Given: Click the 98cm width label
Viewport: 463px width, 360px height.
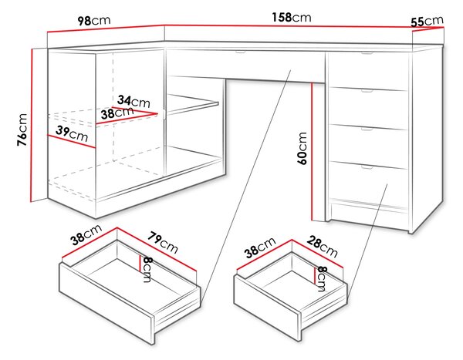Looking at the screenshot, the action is coord(94,21).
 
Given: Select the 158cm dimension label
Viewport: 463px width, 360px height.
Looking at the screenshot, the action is coord(292,18).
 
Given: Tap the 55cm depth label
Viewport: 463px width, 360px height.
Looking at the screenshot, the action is coord(428,21).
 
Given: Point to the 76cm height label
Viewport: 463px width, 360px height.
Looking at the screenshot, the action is coord(22,130).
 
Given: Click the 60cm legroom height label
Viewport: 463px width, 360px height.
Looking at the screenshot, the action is coord(302,148).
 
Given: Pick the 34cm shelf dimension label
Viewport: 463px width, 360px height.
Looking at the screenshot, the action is coord(133,101).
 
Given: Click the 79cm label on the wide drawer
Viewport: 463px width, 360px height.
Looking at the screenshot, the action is coord(163,243).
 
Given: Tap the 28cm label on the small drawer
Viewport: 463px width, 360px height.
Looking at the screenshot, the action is coord(322,247).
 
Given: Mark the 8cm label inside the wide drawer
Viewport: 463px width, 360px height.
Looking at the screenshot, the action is coord(147,269).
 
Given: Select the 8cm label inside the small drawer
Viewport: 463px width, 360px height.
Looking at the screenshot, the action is coord(321,278).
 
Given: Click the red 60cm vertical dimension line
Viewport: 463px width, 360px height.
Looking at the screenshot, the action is coord(312,152).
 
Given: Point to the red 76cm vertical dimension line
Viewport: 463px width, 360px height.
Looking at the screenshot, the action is coord(31,125).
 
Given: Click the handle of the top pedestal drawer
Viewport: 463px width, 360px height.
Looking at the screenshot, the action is coord(367,53).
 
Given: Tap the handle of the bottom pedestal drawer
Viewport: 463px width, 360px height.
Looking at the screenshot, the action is coord(367,167).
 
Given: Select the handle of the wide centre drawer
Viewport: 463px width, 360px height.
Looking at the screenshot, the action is coord(240,52).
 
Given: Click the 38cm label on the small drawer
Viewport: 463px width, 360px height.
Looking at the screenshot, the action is coord(260,247).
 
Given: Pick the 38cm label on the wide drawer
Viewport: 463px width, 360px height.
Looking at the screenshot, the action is coord(86,234).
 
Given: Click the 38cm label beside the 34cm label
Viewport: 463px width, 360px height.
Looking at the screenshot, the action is coord(117,113).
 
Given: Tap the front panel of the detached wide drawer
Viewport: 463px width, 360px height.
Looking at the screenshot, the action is coord(107,304).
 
